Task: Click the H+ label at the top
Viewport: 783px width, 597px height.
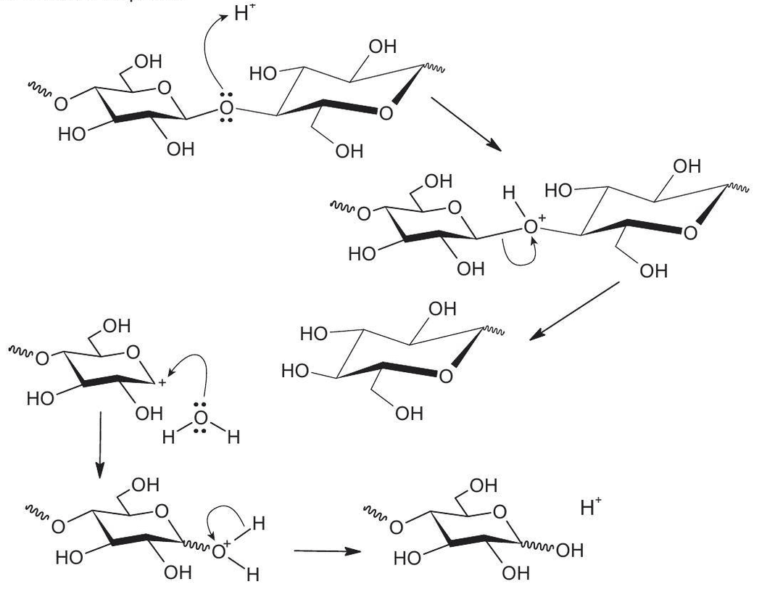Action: (x=244, y=14)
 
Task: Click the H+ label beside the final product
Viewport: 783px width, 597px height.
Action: (x=591, y=507)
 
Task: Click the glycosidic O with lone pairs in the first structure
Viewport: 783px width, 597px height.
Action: (x=226, y=111)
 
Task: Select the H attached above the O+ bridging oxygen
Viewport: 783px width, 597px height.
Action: (x=509, y=194)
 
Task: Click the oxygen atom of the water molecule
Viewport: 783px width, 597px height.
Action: (x=201, y=419)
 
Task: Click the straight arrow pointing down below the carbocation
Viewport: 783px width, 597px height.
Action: (x=100, y=444)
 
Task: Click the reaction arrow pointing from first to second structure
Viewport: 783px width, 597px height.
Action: (x=465, y=123)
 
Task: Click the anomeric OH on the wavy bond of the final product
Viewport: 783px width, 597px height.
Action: (x=570, y=551)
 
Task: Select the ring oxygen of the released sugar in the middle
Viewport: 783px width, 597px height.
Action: (x=445, y=376)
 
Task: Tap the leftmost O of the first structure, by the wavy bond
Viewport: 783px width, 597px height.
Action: (x=62, y=104)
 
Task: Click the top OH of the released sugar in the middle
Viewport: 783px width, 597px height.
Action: (x=442, y=310)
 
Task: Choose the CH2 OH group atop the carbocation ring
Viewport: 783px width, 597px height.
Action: (x=116, y=326)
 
